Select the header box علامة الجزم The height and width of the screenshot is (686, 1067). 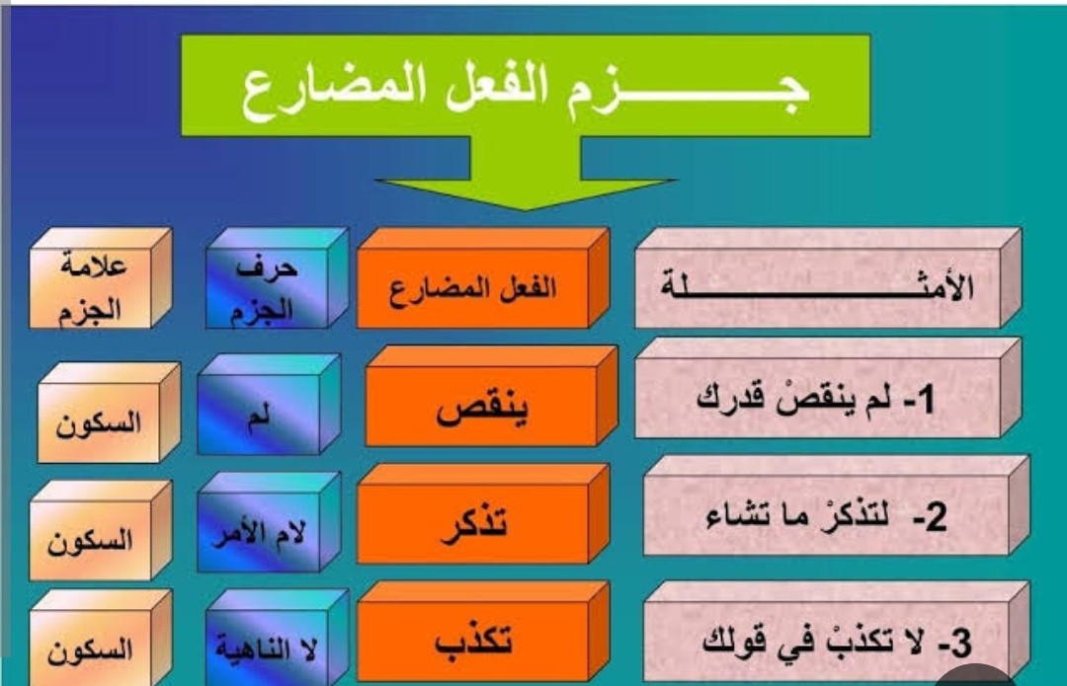coord(100,278)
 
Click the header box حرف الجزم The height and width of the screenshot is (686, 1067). coord(277,278)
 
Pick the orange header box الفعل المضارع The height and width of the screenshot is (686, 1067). coord(482,278)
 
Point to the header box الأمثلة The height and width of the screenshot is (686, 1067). coord(828,278)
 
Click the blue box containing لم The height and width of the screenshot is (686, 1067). coord(269,405)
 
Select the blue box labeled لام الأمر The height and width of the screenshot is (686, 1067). coord(269,522)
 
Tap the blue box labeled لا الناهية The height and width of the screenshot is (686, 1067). coord(277,637)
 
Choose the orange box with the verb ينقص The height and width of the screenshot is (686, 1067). coord(491,397)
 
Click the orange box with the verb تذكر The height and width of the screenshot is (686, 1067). coord(482,514)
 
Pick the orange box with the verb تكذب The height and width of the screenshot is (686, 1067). coord(482,632)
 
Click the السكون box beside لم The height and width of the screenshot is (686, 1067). coord(109,413)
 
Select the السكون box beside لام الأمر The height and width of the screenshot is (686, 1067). coord(100,530)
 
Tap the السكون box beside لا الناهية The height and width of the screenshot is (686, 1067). coord(100,639)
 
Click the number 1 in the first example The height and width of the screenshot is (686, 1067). coord(926,399)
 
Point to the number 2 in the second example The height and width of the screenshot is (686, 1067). coord(937,517)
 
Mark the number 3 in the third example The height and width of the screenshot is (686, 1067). coord(961,644)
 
